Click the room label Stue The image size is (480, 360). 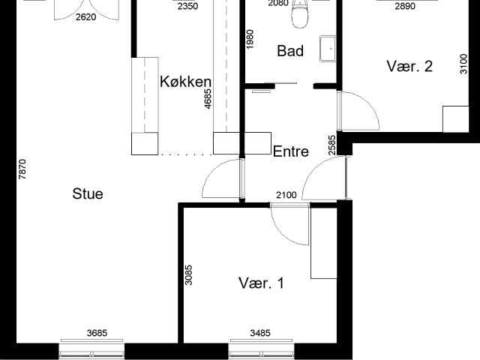coord(88,194)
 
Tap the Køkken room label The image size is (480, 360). coord(185,82)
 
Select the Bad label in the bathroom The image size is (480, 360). coord(290,51)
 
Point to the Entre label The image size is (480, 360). coord(291,151)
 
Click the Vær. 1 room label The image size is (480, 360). coord(261,283)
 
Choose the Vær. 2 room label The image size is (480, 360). coord(409,66)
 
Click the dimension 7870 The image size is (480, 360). coord(22,169)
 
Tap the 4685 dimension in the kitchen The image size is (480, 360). coord(208,98)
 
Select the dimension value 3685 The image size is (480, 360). coord(97,333)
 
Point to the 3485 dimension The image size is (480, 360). coord(260,333)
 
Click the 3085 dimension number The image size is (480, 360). coord(189,275)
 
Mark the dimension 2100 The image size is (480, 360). coord(286,195)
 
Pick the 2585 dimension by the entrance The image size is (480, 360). coord(331,145)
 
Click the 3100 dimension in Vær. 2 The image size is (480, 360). coord(463,64)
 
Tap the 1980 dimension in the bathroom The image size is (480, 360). coord(250,39)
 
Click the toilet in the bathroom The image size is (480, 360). coord(300,14)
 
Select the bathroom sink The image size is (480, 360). coord(328,49)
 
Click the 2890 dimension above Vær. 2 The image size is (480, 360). coord(405,6)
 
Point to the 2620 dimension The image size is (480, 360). coord(85,17)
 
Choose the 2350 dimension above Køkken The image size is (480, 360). coord(187,6)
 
